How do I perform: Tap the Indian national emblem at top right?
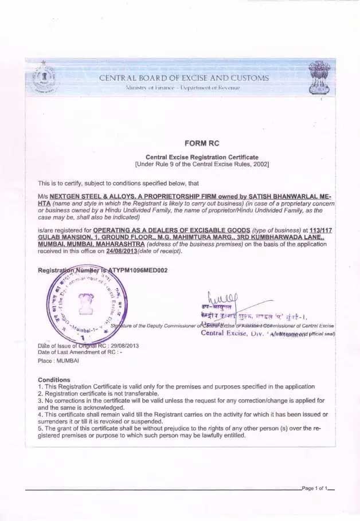tap(319, 79)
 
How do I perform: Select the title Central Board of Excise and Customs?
tap(183, 78)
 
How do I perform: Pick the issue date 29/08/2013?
tap(124, 346)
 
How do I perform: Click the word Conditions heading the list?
tap(54, 380)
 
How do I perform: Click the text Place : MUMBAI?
tap(58, 361)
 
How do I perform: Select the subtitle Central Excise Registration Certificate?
tap(202, 157)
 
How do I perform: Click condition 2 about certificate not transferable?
tap(98, 394)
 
